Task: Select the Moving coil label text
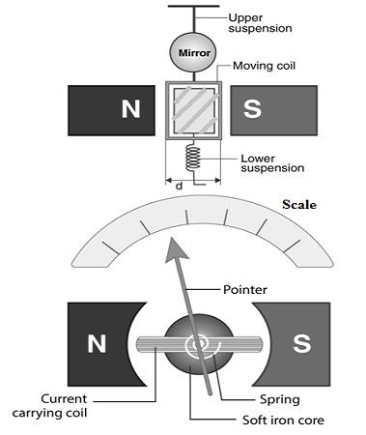264,67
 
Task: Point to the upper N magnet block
107,109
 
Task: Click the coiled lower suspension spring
191,156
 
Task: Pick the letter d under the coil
181,182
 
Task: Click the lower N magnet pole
97,342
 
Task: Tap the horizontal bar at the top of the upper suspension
191,7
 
